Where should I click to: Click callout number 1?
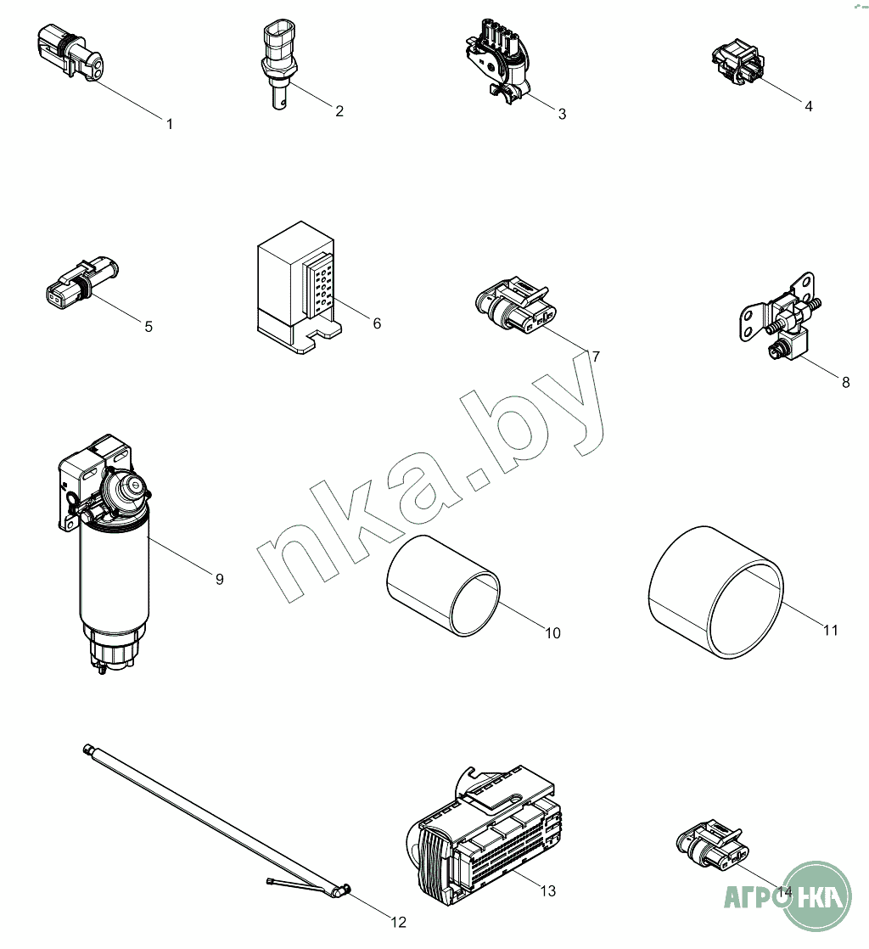tap(170, 124)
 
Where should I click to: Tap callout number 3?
tap(562, 114)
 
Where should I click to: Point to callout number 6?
tap(377, 323)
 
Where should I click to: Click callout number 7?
tap(596, 357)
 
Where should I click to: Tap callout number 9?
tap(220, 579)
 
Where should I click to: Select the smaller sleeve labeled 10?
tap(444, 585)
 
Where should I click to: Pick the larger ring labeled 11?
tap(716, 592)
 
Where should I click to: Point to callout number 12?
tap(398, 923)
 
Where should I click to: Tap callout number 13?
tap(547, 891)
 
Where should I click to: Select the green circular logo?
tap(817, 896)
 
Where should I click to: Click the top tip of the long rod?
tap(86, 749)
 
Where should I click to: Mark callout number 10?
tap(553, 633)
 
